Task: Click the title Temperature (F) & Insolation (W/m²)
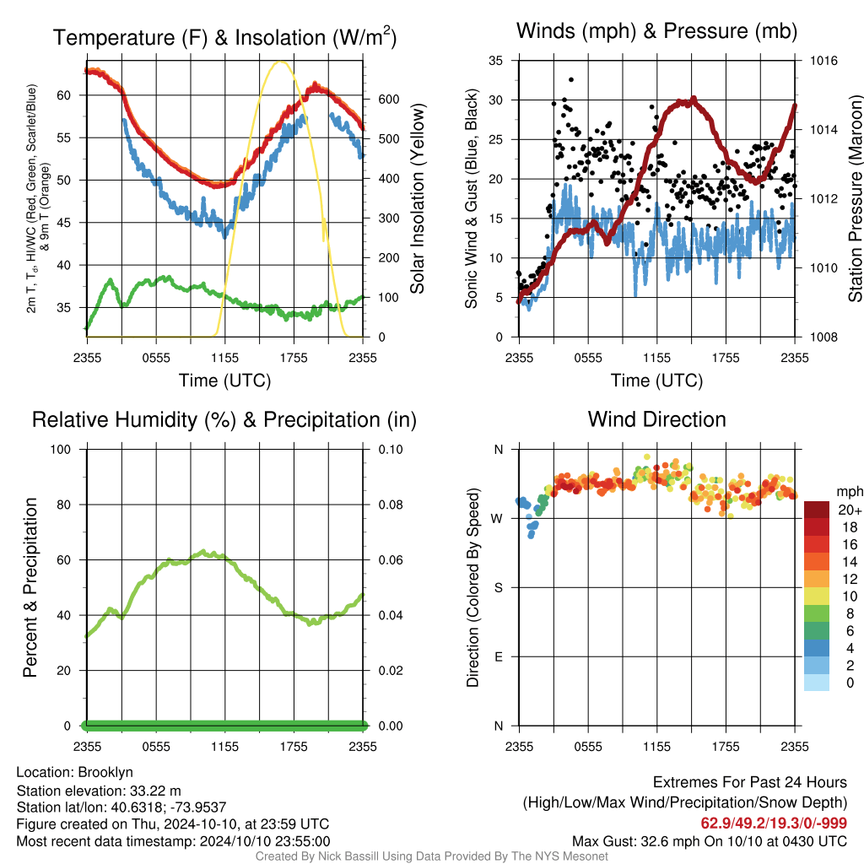(224, 37)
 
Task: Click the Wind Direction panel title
(656, 419)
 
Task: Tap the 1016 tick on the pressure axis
(823, 61)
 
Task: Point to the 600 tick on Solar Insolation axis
(389, 100)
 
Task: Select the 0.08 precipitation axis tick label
(391, 505)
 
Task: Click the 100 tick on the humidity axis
(61, 449)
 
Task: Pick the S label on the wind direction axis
(498, 587)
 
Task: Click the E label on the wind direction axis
(499, 656)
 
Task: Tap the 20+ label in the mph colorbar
(850, 510)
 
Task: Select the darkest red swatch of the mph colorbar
(817, 510)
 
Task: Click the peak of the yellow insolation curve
(280, 61)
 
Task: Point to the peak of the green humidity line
(203, 551)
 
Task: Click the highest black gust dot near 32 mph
(571, 80)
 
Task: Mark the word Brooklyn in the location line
(105, 772)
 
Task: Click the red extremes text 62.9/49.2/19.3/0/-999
(774, 823)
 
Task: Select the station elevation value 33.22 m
(155, 791)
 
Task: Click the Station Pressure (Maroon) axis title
(855, 198)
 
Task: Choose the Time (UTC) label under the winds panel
(656, 381)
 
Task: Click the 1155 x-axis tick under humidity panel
(224, 747)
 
